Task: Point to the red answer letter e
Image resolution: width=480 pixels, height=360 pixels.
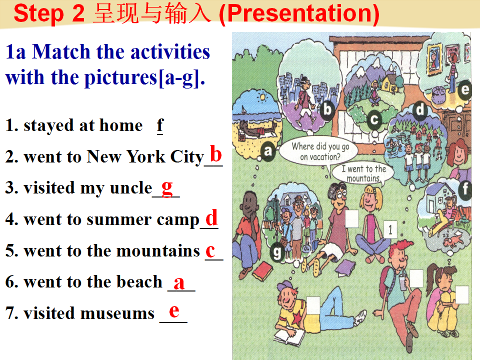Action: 174,311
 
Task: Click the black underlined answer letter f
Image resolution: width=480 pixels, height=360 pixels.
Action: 160,126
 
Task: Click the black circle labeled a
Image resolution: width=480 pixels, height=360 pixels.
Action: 268,150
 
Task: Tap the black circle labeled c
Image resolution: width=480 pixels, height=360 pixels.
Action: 374,119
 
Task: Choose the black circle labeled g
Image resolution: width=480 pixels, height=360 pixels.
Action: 276,253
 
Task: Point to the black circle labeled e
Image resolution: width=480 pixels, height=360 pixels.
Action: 464,90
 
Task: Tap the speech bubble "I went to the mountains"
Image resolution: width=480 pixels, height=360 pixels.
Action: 363,173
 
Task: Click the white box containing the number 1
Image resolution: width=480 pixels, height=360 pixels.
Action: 390,229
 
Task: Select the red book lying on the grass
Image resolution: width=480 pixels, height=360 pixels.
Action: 262,271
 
